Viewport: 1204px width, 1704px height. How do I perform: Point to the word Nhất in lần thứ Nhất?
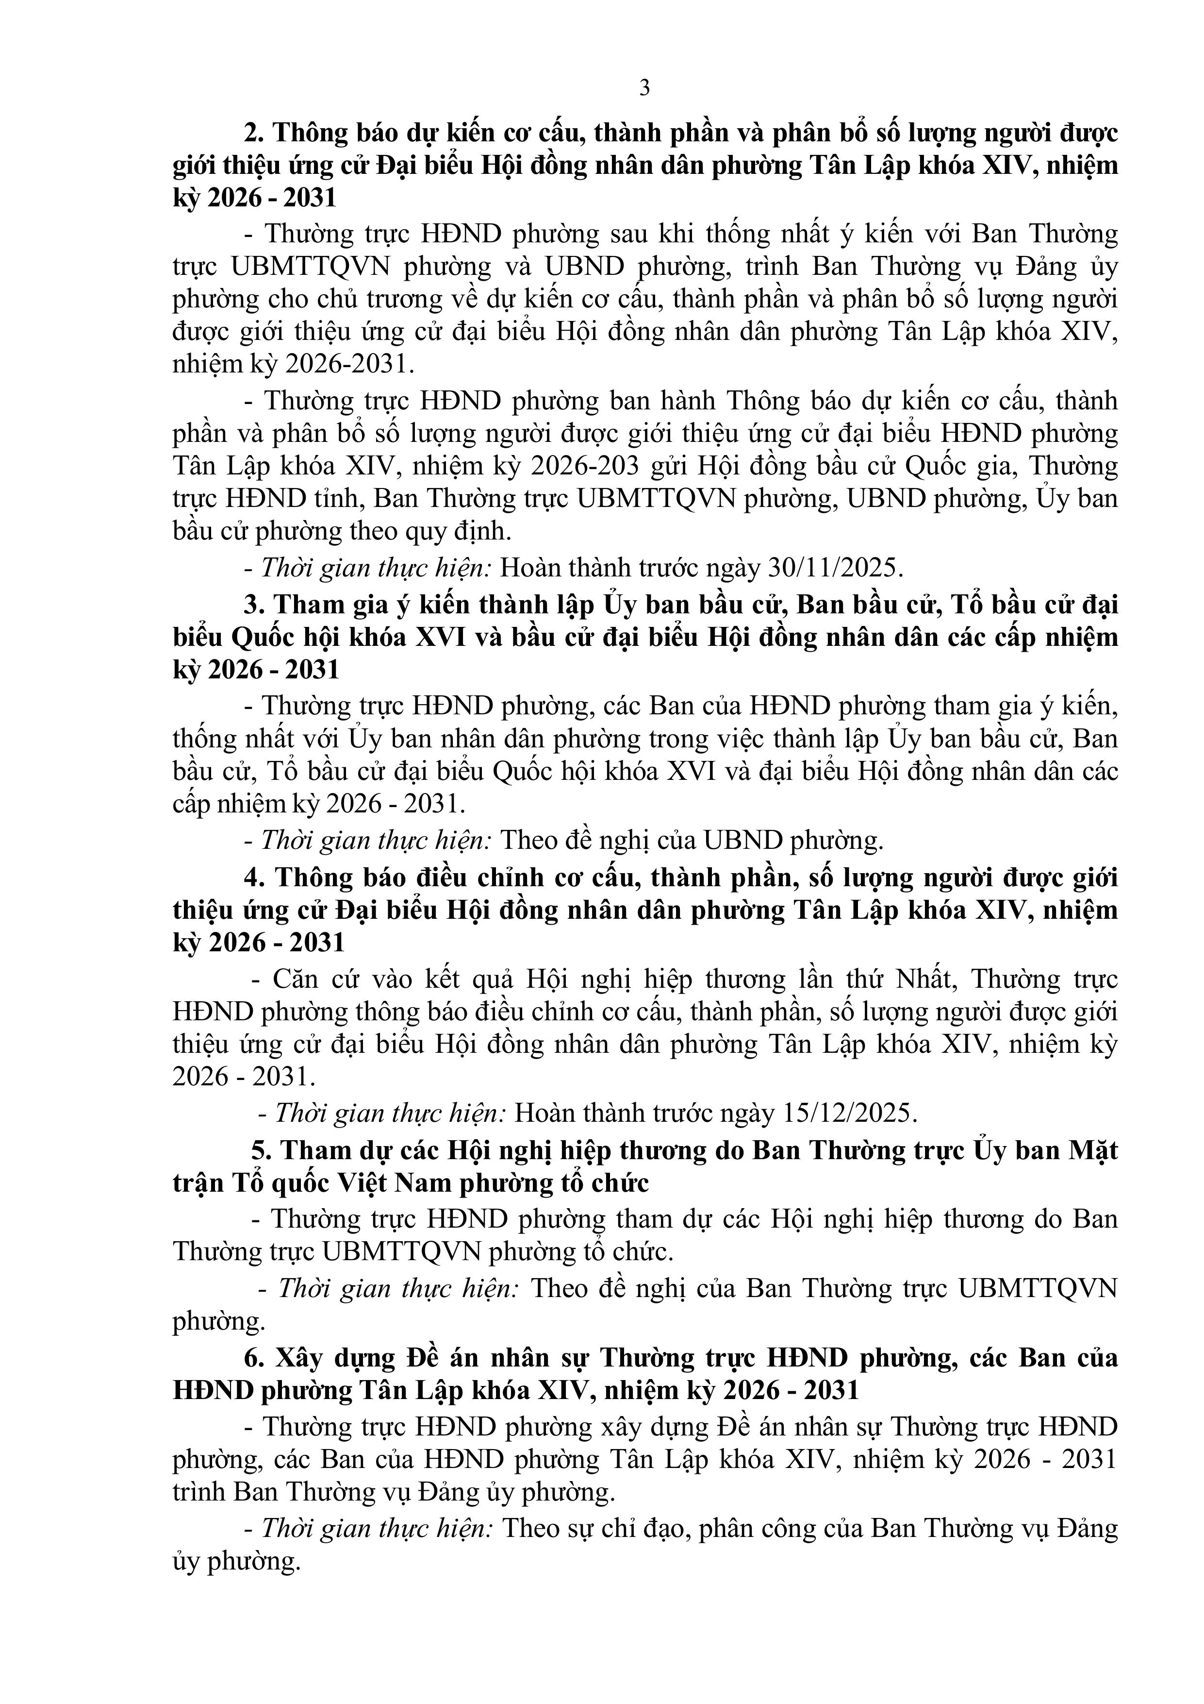pos(923,979)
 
